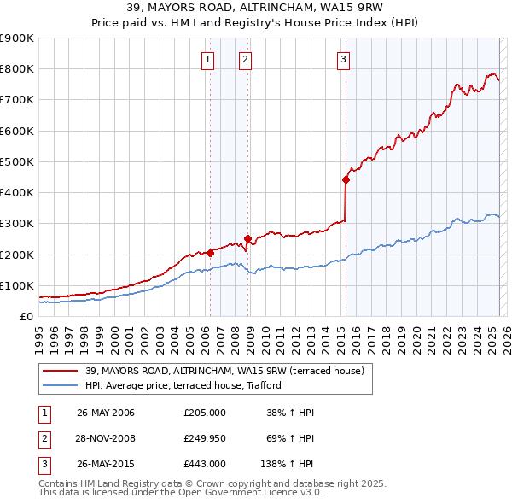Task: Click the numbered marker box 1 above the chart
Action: coord(209,60)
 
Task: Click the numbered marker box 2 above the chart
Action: coord(245,60)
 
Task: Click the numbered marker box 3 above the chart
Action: coord(343,60)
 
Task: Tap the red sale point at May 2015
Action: coord(346,179)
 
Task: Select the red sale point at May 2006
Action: coord(210,253)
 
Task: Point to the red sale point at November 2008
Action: coord(247,239)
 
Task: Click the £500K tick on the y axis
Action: coord(17,161)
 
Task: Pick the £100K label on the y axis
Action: coord(17,285)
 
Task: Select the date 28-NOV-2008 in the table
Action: coord(106,438)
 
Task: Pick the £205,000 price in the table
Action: coord(205,413)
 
